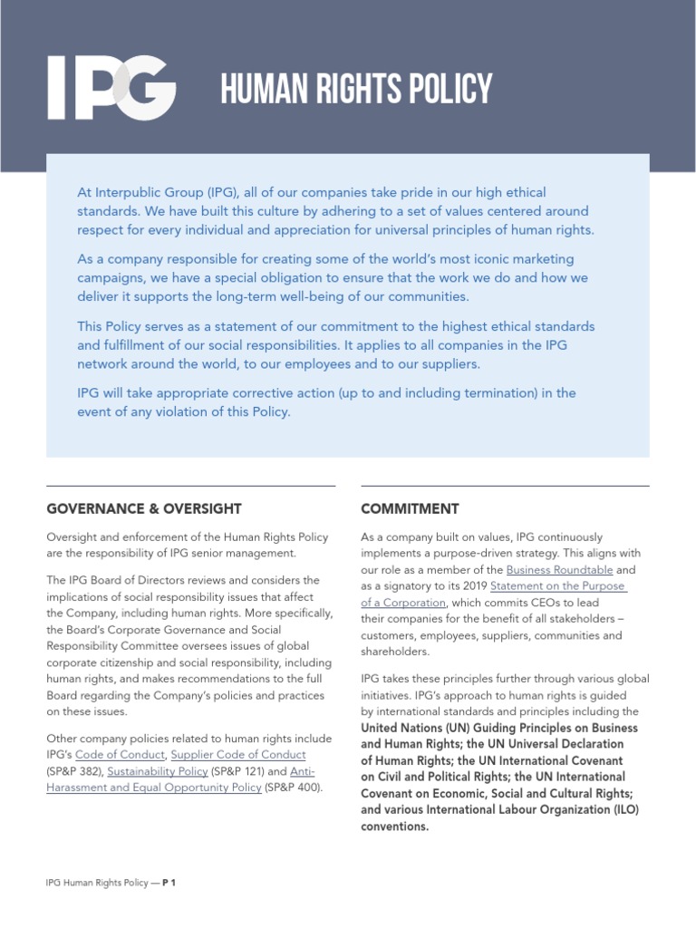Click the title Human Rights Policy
(x=357, y=90)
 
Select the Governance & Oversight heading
(x=143, y=508)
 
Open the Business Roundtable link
(x=559, y=570)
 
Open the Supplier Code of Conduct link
(x=238, y=754)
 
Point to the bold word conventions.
(x=394, y=826)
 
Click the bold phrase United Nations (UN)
(x=412, y=728)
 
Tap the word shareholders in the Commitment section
(x=394, y=652)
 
